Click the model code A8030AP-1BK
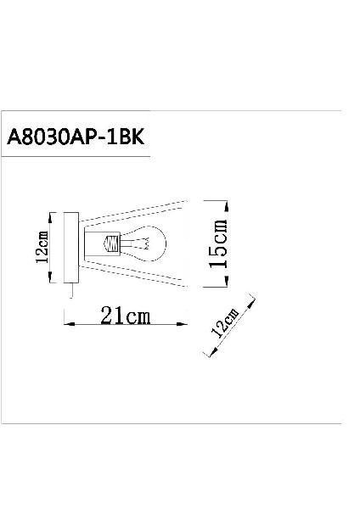pos(76,137)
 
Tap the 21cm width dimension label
pos(126,316)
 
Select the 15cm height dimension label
pos(218,243)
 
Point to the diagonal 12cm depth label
pos(225,322)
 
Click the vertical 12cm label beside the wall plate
pos(42,247)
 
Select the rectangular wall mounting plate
pos(71,248)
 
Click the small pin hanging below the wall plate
pos(71,290)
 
